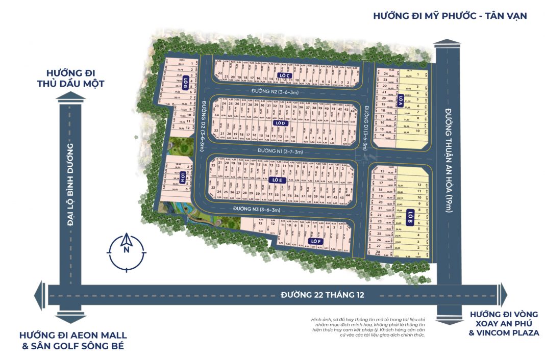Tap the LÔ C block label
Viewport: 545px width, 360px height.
pos(284,75)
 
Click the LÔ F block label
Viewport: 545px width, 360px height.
pos(314,241)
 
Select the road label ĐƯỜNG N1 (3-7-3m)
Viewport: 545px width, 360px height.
pos(280,151)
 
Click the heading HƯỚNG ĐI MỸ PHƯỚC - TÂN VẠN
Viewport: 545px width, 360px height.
pos(449,16)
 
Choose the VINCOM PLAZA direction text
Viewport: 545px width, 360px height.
pos(504,333)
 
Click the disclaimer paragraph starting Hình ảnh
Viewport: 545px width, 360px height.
pos(367,327)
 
